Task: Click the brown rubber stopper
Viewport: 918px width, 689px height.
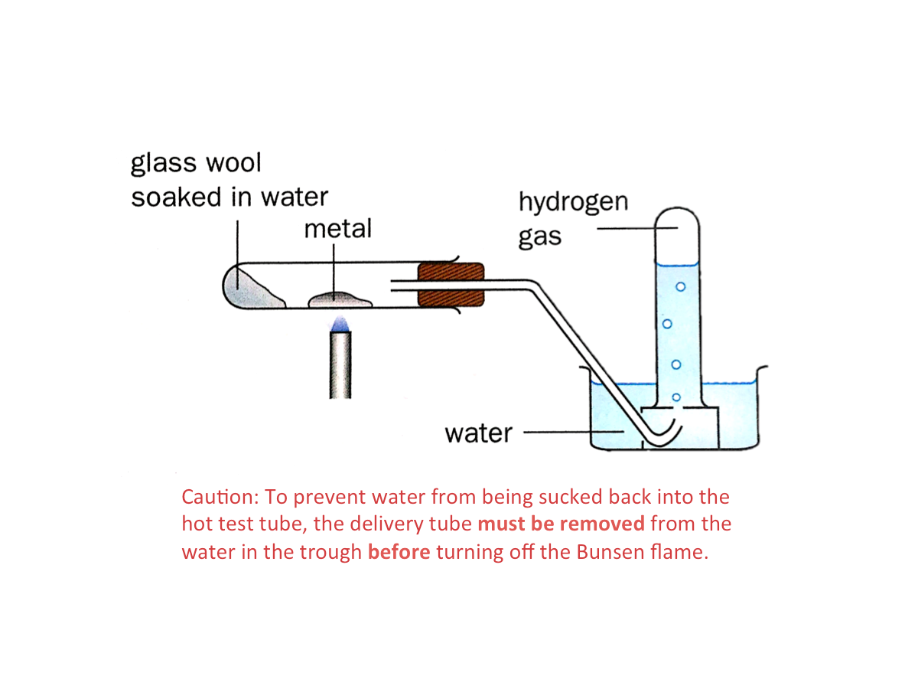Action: pos(451,286)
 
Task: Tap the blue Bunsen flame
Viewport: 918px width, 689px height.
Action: pos(340,322)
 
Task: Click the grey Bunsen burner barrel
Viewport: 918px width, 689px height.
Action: pos(340,365)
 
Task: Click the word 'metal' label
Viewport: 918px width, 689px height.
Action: pos(337,228)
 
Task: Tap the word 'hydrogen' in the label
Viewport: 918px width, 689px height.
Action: pos(573,202)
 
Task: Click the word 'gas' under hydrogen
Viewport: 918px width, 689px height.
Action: pos(539,237)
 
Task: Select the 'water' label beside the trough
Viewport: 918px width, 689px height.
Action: pos(478,433)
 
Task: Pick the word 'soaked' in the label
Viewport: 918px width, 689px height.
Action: pos(177,197)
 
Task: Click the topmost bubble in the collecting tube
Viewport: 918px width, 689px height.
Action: pos(680,287)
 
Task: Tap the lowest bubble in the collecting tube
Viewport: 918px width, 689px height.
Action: pos(675,397)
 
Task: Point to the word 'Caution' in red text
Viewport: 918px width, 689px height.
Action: pos(217,497)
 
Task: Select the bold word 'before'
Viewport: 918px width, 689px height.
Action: pos(399,552)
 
